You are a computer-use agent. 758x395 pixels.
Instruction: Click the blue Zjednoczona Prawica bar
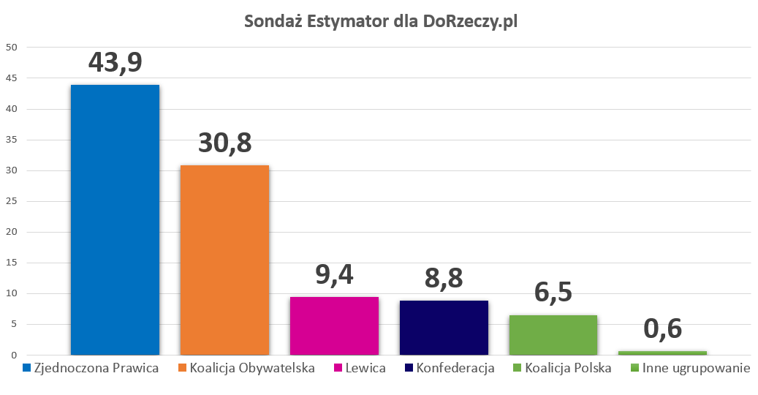pyautogui.click(x=115, y=219)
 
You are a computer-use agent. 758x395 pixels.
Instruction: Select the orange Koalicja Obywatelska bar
pyautogui.click(x=224, y=260)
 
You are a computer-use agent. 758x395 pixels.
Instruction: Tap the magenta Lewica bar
pyautogui.click(x=334, y=326)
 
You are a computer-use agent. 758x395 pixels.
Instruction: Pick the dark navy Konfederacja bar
pyautogui.click(x=444, y=327)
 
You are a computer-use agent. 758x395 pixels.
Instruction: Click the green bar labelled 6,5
pyautogui.click(x=553, y=335)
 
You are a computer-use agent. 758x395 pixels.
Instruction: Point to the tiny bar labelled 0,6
pyautogui.click(x=663, y=353)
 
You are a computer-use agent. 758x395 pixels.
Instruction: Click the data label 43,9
pyautogui.click(x=115, y=61)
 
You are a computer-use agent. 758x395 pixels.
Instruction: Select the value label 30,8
pyautogui.click(x=224, y=142)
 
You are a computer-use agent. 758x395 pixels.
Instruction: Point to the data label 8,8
pyautogui.click(x=444, y=278)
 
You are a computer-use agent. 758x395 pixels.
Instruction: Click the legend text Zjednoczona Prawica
pyautogui.click(x=96, y=368)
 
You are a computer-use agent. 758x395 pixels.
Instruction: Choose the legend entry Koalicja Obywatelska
pyautogui.click(x=252, y=368)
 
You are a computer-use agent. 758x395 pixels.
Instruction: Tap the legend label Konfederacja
pyautogui.click(x=455, y=368)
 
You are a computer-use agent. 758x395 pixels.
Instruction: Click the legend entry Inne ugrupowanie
pyautogui.click(x=696, y=368)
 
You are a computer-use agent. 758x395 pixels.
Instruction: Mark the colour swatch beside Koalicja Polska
pyautogui.click(x=518, y=368)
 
